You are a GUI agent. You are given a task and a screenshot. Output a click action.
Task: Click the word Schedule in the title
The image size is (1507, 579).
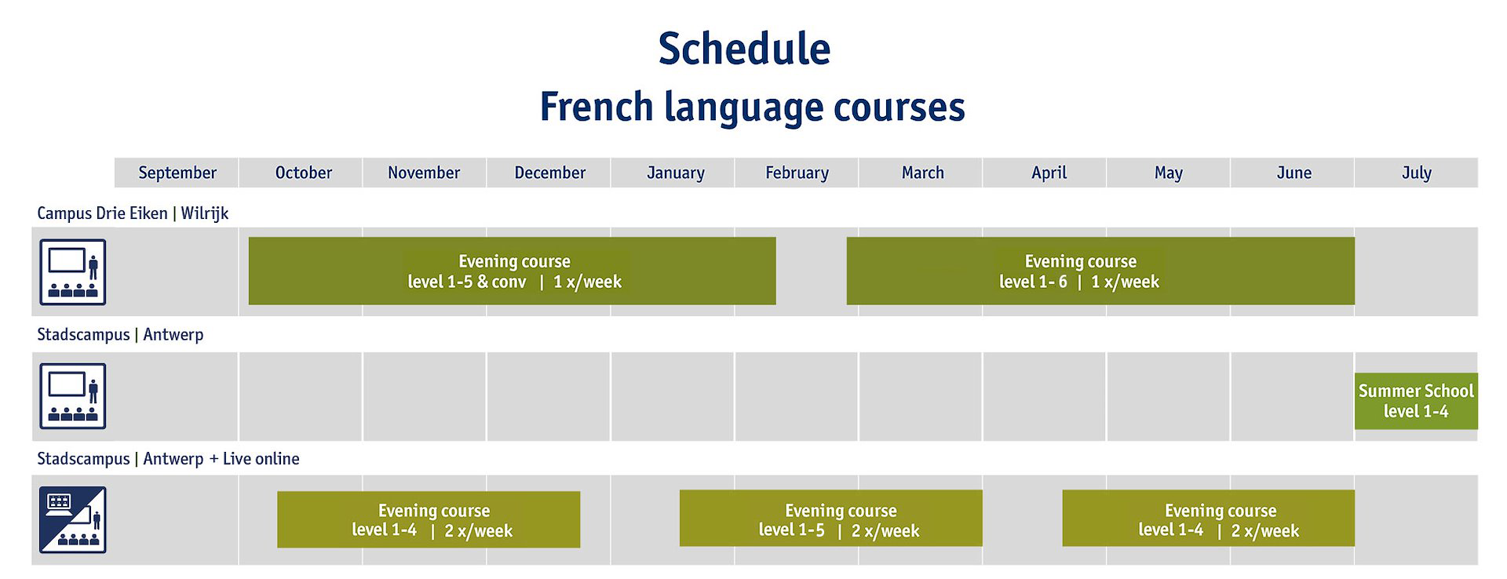pos(744,49)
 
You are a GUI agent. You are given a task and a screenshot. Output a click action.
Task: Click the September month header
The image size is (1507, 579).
pos(177,173)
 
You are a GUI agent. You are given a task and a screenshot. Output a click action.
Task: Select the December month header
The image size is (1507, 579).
pos(549,173)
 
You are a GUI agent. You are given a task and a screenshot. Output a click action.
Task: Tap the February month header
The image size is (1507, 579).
pos(797,173)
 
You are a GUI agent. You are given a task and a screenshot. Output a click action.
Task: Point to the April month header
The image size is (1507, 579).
pos(1049,173)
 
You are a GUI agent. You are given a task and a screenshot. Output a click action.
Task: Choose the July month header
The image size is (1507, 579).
pos(1417,173)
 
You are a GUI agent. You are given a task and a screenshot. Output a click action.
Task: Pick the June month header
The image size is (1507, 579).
pos(1294,173)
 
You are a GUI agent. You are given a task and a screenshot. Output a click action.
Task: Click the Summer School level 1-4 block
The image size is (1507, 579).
pos(1416,401)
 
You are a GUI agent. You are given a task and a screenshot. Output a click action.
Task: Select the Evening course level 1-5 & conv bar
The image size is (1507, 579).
pos(512,271)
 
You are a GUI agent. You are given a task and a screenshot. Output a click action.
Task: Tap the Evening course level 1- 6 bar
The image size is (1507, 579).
pos(1100,271)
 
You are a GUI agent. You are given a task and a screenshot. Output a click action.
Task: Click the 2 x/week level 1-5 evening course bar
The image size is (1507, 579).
pos(830,519)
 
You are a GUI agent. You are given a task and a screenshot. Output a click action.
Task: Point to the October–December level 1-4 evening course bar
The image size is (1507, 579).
pos(429,519)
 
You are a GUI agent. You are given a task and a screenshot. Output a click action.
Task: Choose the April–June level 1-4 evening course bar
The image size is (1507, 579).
pos(1209,519)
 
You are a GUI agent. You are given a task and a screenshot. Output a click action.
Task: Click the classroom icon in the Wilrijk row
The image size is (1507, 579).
pos(73,272)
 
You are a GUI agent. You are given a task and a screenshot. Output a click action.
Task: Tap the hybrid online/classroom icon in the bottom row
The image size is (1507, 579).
pos(73,520)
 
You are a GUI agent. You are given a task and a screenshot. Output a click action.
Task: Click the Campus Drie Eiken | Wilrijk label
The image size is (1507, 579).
pos(133,213)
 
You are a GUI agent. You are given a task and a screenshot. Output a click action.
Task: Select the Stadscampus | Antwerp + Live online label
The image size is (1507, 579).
pos(168,459)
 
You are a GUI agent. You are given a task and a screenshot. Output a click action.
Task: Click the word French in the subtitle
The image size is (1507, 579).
pos(597,107)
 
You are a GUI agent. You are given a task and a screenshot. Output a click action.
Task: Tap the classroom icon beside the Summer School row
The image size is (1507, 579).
pos(73,396)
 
